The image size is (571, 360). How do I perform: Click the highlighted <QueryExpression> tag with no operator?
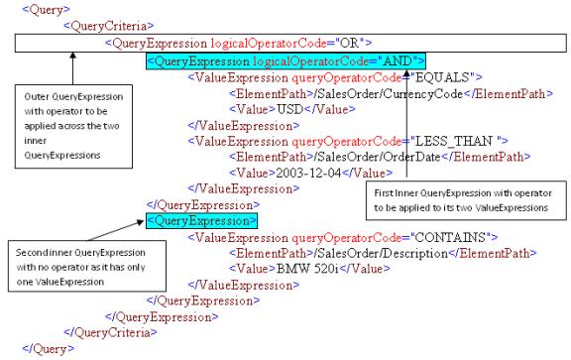pos(201,220)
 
